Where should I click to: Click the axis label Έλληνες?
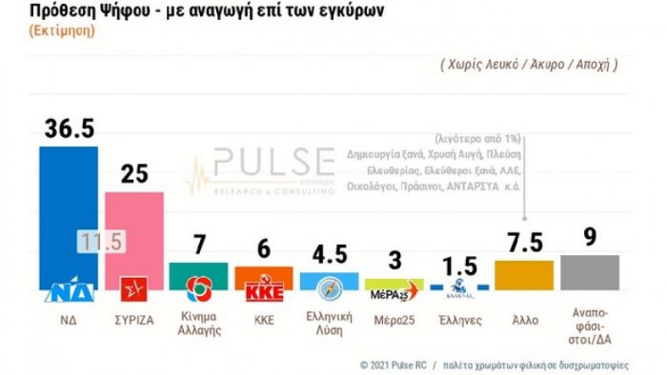click(x=459, y=320)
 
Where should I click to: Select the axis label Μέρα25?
click(x=394, y=320)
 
